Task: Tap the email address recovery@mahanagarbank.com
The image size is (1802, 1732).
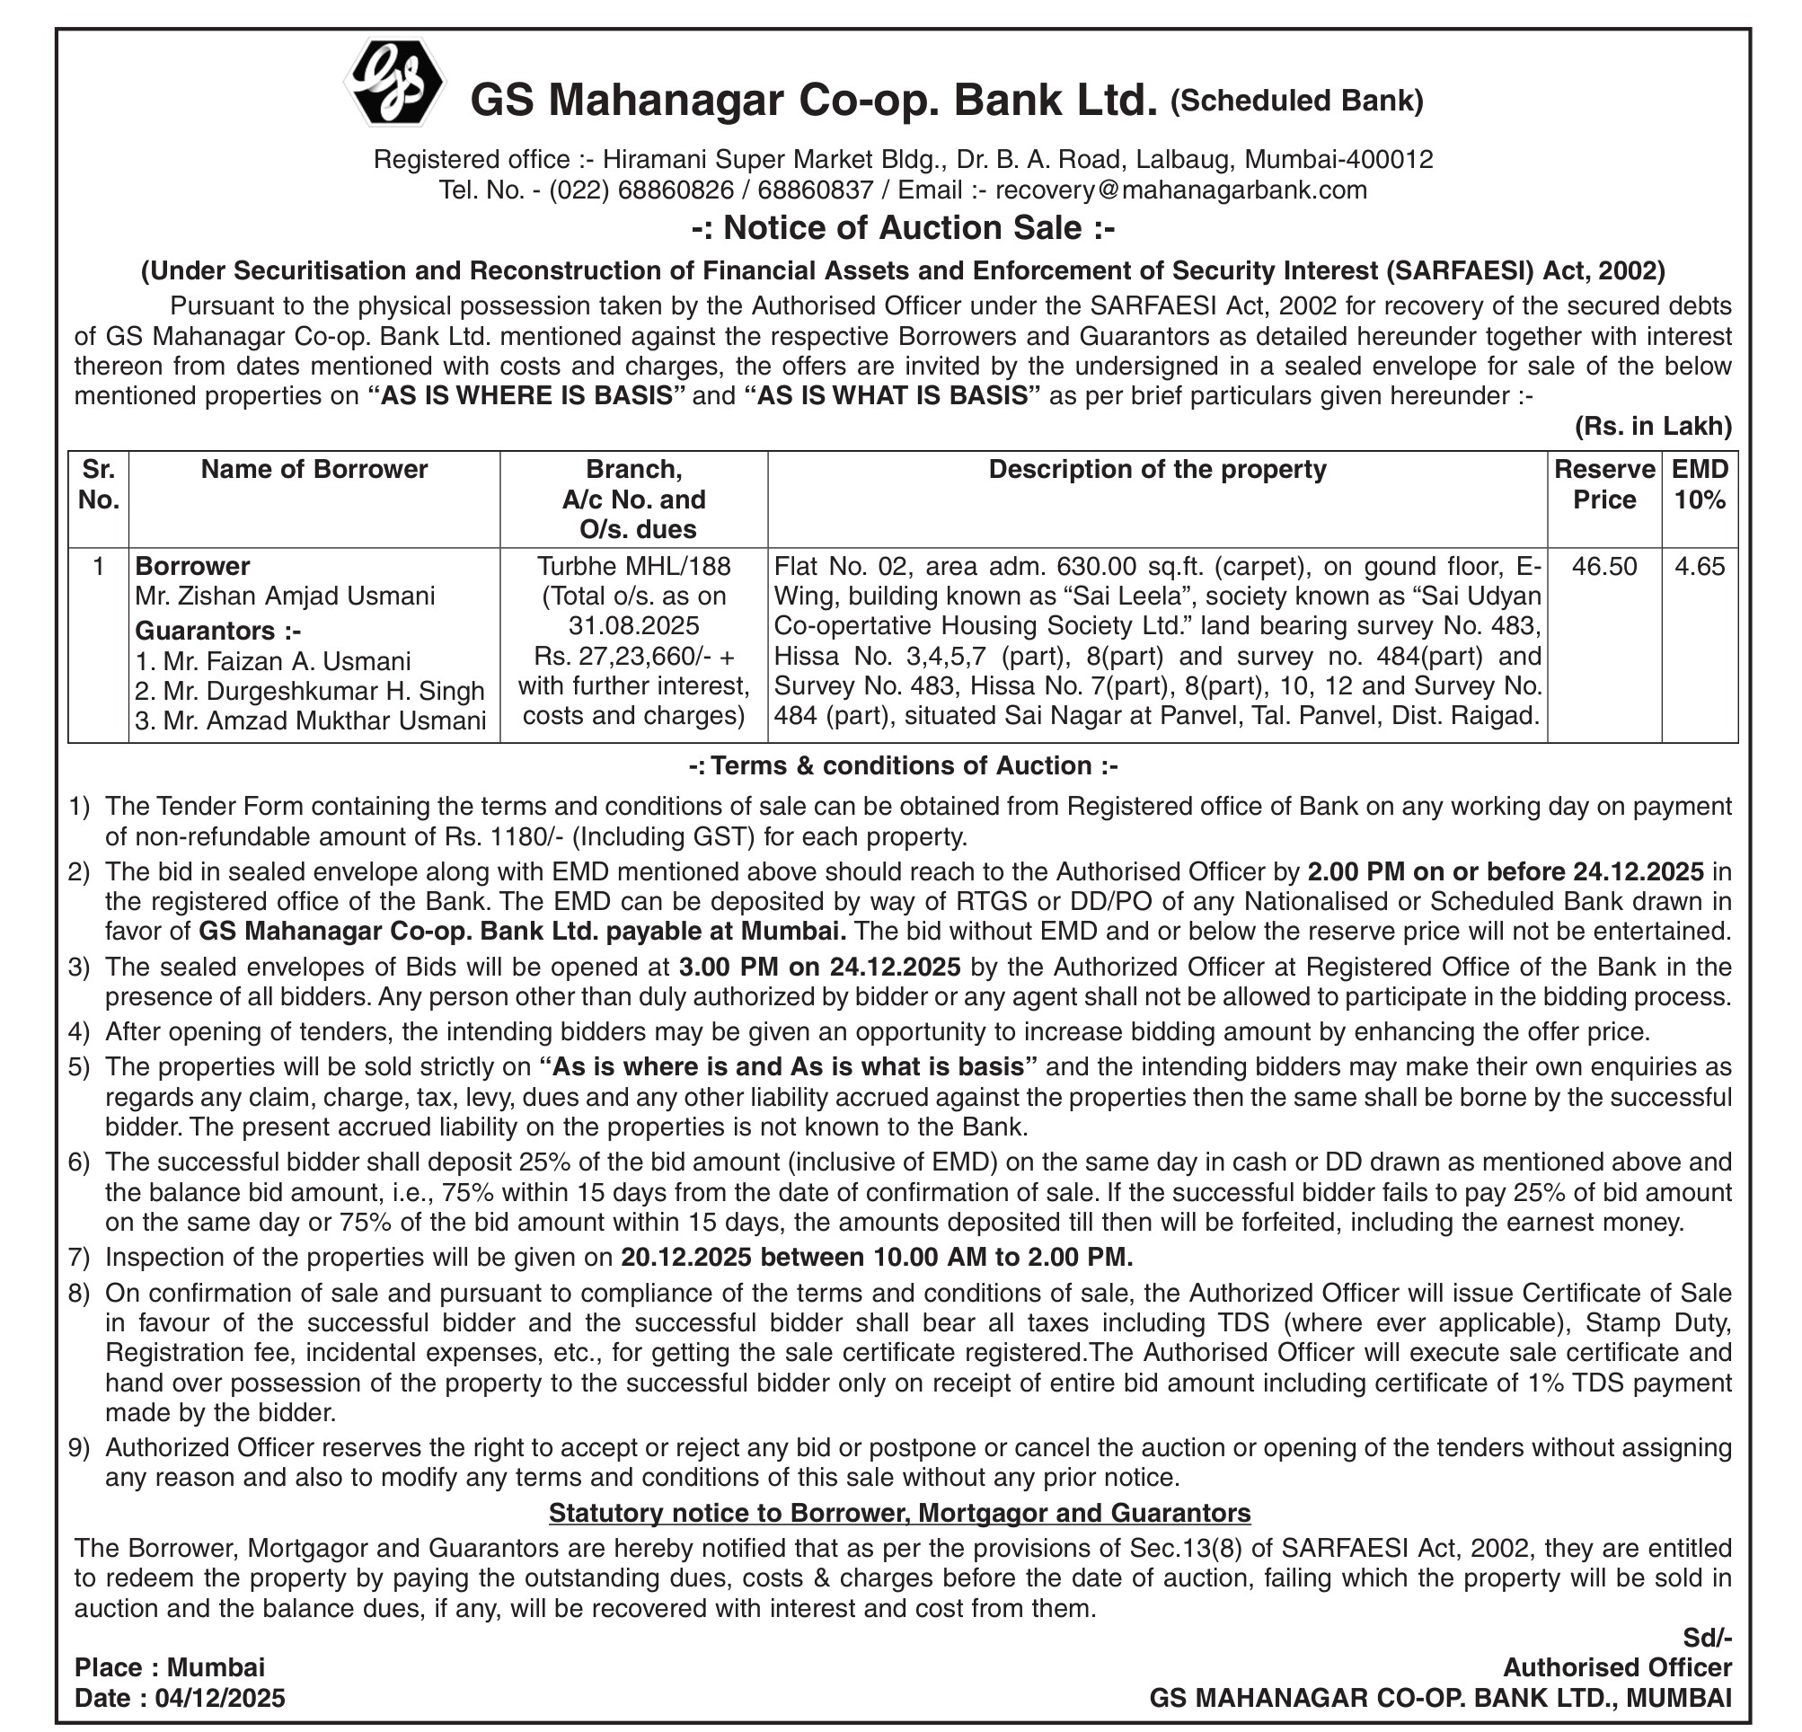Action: pyautogui.click(x=1180, y=190)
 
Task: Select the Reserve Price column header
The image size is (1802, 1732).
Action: pyautogui.click(x=1604, y=484)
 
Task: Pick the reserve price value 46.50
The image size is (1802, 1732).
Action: pyautogui.click(x=1604, y=566)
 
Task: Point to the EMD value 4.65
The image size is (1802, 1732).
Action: pyautogui.click(x=1700, y=566)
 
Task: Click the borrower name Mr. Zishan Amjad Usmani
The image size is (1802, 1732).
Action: pyautogui.click(x=285, y=596)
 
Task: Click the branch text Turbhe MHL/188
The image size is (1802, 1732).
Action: pyautogui.click(x=633, y=566)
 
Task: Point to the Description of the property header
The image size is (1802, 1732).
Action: pyautogui.click(x=1158, y=470)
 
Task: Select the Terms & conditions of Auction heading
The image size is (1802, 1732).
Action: pyautogui.click(x=903, y=765)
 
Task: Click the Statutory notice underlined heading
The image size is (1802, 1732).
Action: pyautogui.click(x=899, y=1512)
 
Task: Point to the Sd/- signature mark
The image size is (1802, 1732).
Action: pyautogui.click(x=1708, y=1638)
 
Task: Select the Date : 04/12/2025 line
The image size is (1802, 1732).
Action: pyautogui.click(x=181, y=1698)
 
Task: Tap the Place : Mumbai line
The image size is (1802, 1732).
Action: pyautogui.click(x=170, y=1667)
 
